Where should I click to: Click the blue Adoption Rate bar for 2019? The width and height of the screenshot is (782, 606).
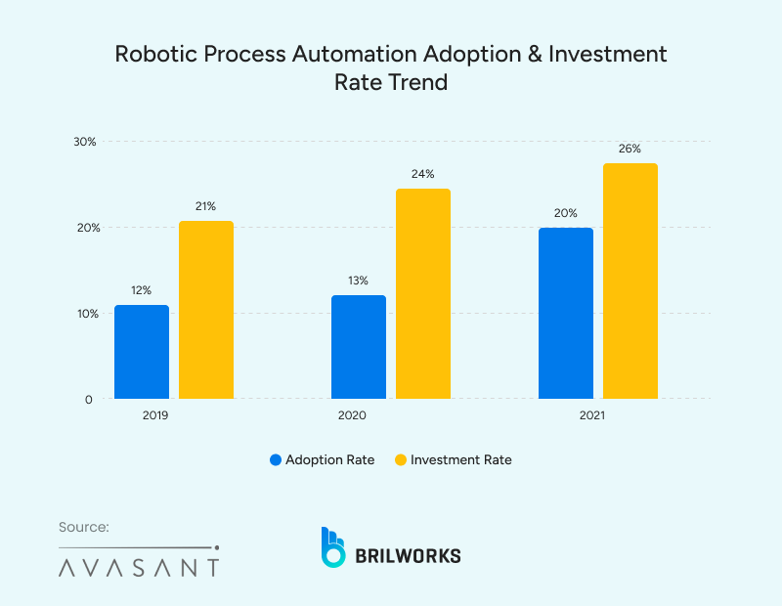pos(142,352)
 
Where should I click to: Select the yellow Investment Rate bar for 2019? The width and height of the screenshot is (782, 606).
pos(205,310)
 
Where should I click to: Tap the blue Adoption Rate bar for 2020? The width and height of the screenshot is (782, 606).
pos(359,347)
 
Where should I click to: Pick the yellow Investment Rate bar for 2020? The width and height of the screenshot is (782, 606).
pos(422,293)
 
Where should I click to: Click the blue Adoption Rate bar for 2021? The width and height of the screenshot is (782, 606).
pos(566,313)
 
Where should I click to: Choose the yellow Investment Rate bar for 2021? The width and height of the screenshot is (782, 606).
pos(630,281)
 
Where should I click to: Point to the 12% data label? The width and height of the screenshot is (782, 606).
pos(141,290)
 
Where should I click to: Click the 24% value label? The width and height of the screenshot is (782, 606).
pos(422,174)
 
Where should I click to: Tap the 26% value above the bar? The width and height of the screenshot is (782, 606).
pos(630,150)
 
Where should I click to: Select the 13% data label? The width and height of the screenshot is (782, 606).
pos(358,281)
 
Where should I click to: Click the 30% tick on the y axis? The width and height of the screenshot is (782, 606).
pos(85,142)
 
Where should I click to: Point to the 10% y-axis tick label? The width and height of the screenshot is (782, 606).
pos(85,314)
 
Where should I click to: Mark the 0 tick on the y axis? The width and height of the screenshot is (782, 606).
pos(88,399)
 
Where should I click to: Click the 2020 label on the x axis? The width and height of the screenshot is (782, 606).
pos(352,416)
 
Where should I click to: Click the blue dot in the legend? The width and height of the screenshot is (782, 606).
pos(276,459)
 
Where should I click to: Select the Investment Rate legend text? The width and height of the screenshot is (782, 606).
pos(460,459)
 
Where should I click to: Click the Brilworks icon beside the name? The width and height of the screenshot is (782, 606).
pos(333,547)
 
